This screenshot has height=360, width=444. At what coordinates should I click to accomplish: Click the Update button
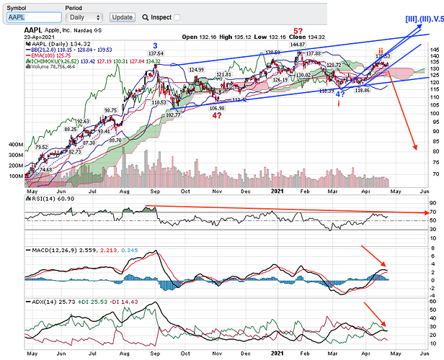point(123,17)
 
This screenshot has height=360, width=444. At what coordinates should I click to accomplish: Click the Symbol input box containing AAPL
point(30,17)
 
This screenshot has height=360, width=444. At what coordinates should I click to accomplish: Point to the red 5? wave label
point(298,32)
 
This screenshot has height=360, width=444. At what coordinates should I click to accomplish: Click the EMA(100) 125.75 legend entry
point(55,55)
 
